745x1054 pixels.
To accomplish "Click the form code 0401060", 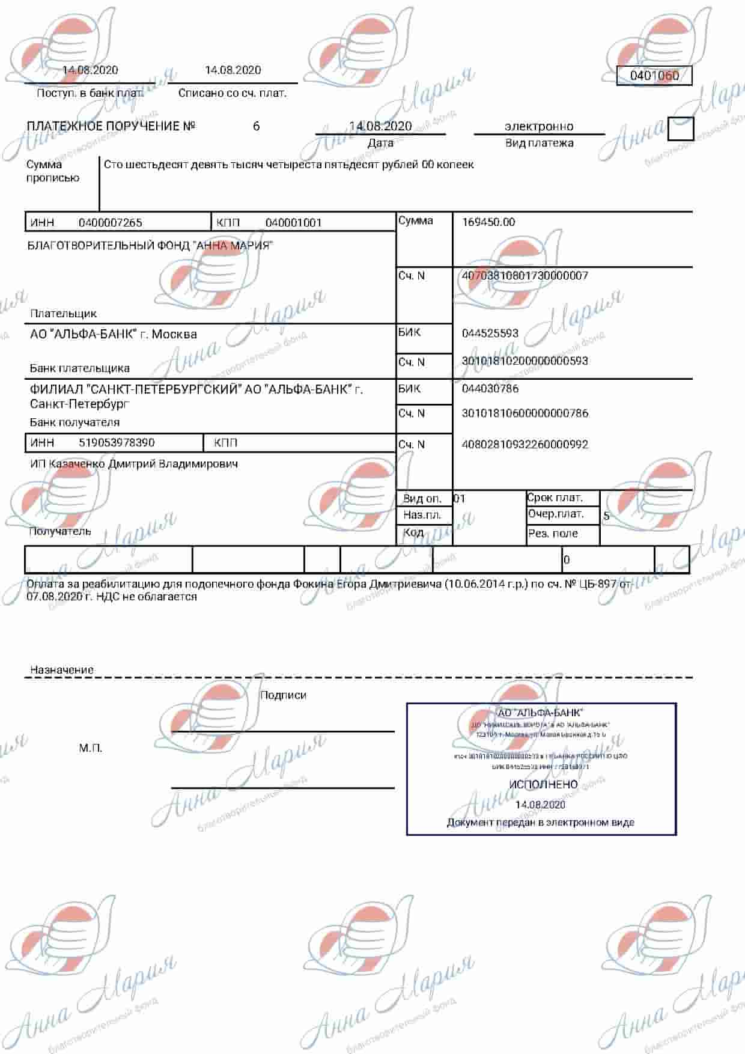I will tap(654, 76).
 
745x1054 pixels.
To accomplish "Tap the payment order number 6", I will tap(257, 126).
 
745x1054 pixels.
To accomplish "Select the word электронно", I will tap(539, 126).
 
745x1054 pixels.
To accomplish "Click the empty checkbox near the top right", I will tap(680, 129).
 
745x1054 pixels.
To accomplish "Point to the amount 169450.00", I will tap(488, 222).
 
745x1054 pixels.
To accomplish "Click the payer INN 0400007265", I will tap(111, 223).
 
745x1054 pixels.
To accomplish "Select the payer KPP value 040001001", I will tap(294, 223).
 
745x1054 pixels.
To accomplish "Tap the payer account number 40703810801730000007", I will tap(525, 276).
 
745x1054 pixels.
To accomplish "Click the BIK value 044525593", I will tap(490, 333).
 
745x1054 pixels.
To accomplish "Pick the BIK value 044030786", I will tap(490, 389).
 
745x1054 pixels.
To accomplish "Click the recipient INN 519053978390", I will tap(117, 443).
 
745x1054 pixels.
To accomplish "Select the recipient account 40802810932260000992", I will tap(525, 445).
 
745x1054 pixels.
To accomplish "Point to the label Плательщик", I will tap(63, 314).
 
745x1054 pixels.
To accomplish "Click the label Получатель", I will tap(60, 531).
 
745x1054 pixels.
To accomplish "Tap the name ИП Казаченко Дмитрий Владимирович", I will tap(134, 464).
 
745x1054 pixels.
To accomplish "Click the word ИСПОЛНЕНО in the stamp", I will tap(543, 785).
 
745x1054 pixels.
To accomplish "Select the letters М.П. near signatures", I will tap(91, 748).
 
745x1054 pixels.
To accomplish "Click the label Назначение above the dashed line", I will tap(62, 670).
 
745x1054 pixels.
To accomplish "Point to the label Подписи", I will tap(283, 695).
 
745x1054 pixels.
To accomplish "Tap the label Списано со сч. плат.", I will tap(233, 93).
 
